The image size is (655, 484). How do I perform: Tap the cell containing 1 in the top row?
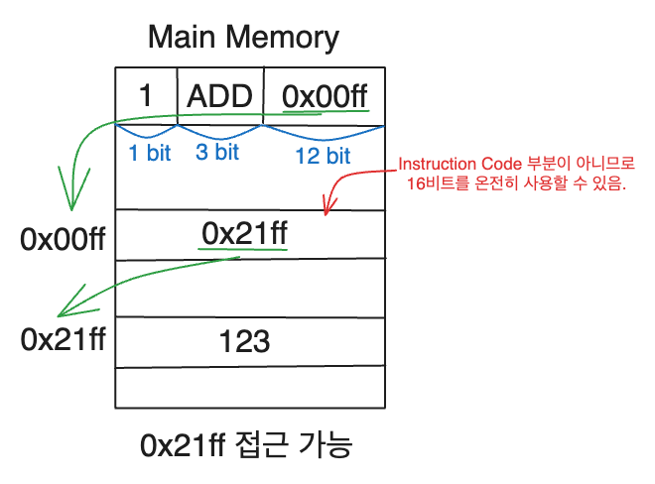pos(146,96)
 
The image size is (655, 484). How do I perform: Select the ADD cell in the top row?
pos(220,96)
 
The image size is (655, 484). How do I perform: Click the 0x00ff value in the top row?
pos(325,96)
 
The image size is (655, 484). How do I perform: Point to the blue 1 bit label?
pos(148,153)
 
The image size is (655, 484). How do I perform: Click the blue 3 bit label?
pos(217,153)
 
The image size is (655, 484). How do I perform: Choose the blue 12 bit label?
pos(323,155)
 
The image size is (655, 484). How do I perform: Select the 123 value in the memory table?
pos(245,342)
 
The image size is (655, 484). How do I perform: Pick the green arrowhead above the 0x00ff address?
pos(71,205)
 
